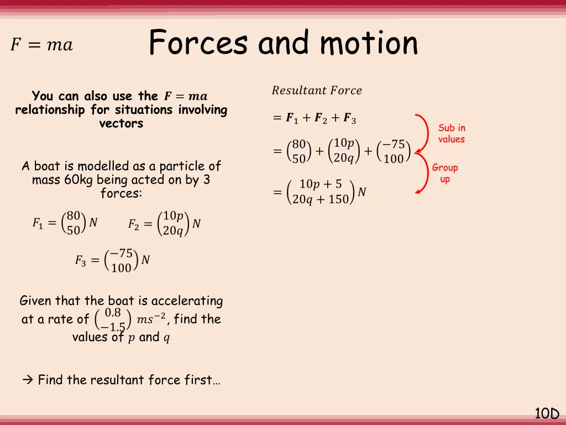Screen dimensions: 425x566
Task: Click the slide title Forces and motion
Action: coord(283,43)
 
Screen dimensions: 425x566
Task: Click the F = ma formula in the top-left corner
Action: coord(41,45)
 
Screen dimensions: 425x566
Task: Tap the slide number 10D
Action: coord(547,413)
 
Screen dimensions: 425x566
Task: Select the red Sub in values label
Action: coord(452,133)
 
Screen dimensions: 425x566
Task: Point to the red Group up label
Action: coord(445,173)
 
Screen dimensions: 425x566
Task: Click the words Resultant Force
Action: coord(317,90)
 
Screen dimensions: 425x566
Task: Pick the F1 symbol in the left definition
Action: coord(37,224)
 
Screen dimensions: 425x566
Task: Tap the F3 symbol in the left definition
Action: coord(80,260)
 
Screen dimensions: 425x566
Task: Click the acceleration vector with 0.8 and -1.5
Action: coord(113,320)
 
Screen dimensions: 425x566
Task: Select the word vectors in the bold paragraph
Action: coord(121,123)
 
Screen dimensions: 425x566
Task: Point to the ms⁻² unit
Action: coord(151,320)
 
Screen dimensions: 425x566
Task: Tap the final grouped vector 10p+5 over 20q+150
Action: coord(321,191)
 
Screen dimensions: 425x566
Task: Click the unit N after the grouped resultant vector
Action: coord(362,191)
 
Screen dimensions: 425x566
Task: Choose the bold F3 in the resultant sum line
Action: coord(349,118)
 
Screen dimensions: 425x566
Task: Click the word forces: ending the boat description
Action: coord(121,194)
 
